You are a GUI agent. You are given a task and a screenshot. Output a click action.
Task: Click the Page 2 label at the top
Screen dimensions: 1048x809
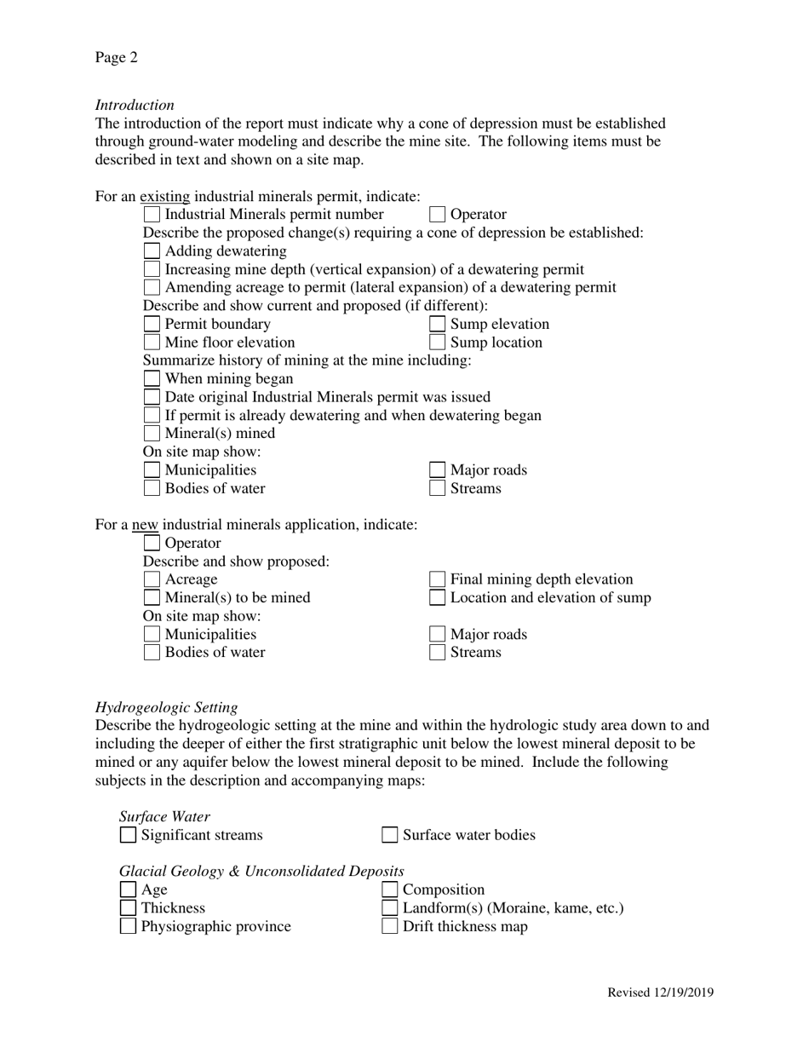tap(116, 58)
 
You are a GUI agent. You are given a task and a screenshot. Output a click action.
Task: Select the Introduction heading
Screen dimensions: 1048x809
tap(135, 105)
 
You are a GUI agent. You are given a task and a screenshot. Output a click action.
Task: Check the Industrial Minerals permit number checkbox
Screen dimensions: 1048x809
tap(152, 215)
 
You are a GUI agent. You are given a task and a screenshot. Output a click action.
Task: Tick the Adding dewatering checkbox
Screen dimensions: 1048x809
tap(152, 251)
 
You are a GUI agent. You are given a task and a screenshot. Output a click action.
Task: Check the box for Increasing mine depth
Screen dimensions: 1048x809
tap(152, 269)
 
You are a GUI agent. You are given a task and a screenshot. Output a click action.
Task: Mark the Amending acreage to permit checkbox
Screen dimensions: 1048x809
tap(152, 288)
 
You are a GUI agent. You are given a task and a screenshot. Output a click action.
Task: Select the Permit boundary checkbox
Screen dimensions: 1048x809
tap(152, 324)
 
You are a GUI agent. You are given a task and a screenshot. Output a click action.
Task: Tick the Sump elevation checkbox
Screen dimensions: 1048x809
tap(437, 324)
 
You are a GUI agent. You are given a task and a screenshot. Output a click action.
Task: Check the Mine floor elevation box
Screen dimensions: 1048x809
tap(152, 343)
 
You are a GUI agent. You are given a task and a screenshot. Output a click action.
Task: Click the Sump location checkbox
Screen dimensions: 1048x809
tap(437, 343)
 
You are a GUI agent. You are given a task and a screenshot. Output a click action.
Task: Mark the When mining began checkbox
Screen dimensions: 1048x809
tap(152, 379)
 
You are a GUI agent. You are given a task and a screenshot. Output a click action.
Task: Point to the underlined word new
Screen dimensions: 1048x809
tap(145, 525)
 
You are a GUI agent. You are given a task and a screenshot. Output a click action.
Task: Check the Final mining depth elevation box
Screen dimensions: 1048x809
tap(437, 579)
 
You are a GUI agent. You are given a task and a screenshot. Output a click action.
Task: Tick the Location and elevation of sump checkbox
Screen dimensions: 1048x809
tap(437, 598)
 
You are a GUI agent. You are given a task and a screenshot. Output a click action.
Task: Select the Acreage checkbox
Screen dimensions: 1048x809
tap(152, 579)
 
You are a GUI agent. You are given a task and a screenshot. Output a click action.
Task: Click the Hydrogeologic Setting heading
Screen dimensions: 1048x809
tap(166, 707)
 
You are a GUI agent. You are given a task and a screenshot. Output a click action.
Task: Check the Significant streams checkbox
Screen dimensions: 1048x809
tap(128, 835)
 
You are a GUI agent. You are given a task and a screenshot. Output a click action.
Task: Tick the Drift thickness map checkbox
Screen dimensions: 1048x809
tap(389, 926)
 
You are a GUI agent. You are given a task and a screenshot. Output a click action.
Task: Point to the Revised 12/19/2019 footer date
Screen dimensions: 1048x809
tap(660, 993)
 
